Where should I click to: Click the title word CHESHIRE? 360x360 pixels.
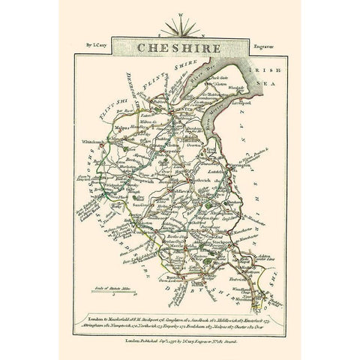[179, 47]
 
